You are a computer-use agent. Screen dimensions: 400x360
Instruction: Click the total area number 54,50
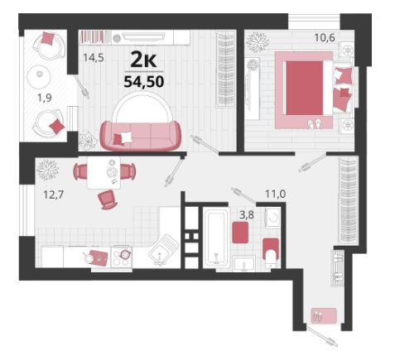[144, 81]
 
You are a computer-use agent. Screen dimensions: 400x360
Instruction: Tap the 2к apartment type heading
[143, 60]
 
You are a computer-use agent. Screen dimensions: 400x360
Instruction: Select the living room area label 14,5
[94, 58]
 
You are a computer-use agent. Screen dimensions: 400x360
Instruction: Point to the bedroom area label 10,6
[325, 37]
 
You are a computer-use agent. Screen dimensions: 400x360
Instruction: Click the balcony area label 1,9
[45, 98]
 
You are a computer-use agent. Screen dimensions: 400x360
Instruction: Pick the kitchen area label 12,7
[54, 195]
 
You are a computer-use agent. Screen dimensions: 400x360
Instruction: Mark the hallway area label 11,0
[276, 194]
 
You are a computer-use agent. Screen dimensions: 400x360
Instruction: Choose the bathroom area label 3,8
[247, 215]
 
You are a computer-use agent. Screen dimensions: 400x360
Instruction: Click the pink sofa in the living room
[141, 136]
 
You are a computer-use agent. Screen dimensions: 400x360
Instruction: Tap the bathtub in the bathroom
[216, 238]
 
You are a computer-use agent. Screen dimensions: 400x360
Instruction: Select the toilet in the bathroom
[271, 252]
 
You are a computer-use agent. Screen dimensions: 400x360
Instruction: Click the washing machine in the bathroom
[272, 218]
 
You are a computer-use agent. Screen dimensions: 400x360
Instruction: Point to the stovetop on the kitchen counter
[122, 257]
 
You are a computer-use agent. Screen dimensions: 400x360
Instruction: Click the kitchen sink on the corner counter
[164, 249]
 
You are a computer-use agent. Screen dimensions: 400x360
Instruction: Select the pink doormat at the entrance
[324, 315]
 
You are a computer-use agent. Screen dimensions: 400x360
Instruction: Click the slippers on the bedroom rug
[315, 124]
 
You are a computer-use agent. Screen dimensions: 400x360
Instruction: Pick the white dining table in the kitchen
[104, 172]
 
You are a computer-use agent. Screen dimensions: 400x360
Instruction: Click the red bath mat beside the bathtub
[240, 233]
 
